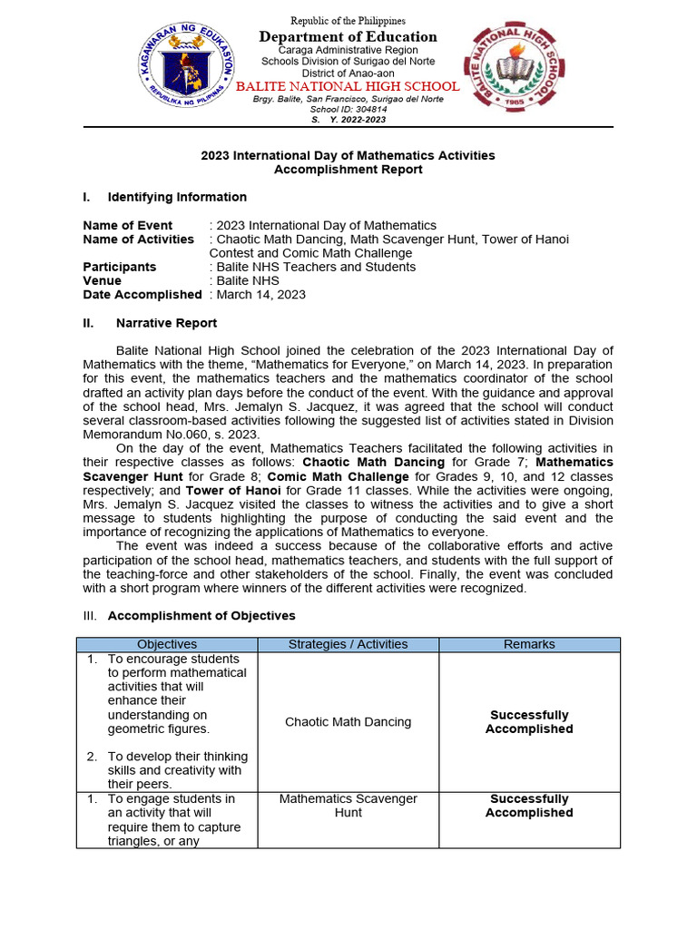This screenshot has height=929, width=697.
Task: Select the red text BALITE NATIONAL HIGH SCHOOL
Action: click(348, 86)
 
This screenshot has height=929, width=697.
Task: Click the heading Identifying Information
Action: click(177, 197)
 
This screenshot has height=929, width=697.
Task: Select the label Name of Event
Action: click(128, 225)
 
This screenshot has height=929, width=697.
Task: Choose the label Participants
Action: click(119, 267)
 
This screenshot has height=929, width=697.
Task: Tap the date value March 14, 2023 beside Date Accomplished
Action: click(260, 295)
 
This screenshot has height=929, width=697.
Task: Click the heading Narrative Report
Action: click(166, 323)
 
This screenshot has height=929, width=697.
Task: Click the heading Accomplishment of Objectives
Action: click(201, 616)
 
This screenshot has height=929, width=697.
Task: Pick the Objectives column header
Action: click(167, 644)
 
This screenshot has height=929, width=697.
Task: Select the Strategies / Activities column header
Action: click(348, 644)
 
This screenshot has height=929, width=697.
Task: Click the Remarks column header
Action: click(529, 644)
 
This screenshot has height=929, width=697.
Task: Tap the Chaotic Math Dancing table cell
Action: click(348, 722)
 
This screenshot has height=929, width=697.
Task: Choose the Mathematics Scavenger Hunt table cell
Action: click(348, 806)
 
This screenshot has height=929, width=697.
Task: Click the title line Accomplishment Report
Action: click(348, 170)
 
